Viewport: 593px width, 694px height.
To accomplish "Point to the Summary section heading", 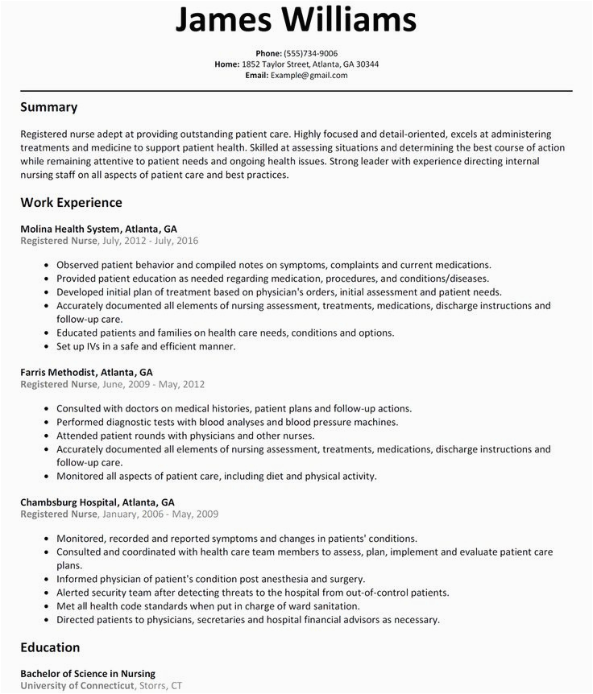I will coord(49,106).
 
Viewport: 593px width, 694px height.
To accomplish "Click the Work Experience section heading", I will coord(72,202).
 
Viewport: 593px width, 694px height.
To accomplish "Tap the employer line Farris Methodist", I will coord(86,373).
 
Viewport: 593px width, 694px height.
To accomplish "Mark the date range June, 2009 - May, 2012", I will coord(151,385).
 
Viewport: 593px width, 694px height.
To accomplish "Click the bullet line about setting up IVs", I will coord(145,346).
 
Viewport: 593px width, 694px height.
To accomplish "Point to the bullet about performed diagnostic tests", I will coord(227,422).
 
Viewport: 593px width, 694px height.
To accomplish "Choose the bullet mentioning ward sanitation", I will coord(230,605).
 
